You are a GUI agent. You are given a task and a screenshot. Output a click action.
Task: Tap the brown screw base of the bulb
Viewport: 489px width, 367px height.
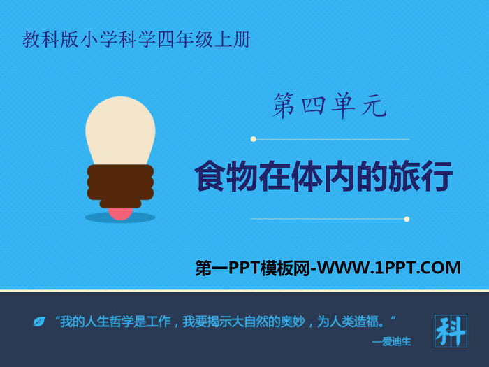[x=120, y=186]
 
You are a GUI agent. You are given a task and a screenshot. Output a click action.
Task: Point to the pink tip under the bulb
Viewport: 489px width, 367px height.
[x=120, y=214]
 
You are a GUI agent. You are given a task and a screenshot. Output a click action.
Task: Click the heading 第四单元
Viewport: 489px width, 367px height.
[x=330, y=106]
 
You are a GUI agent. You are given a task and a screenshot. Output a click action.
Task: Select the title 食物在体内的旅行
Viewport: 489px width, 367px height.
[x=323, y=175]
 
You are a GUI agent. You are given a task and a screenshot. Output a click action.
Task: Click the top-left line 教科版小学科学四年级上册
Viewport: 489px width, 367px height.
[x=136, y=40]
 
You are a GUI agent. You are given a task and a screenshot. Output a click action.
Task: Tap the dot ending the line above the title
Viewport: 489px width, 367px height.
[x=253, y=139]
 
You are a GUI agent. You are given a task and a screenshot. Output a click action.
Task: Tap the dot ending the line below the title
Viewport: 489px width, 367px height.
[x=407, y=219]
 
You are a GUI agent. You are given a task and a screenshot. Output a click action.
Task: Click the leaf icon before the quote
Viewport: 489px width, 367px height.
[x=39, y=322]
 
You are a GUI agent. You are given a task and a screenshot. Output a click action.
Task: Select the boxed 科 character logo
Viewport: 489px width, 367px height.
[x=451, y=331]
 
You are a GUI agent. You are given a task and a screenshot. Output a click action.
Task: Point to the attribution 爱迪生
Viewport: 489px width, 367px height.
[x=397, y=342]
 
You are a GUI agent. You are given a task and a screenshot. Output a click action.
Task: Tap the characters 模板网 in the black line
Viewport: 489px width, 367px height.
[x=285, y=268]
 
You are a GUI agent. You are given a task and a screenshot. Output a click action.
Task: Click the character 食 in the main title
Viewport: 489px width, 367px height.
[x=210, y=175]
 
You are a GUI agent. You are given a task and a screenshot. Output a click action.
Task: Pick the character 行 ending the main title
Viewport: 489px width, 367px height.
[x=437, y=175]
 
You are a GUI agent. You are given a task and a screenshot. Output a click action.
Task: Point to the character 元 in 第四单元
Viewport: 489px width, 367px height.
[x=374, y=106]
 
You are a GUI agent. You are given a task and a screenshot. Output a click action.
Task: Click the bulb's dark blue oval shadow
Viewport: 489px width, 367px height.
[x=120, y=217]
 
